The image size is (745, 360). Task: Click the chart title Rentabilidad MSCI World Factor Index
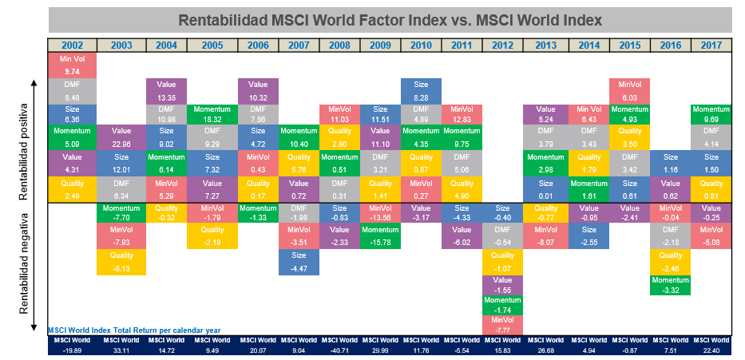[x=390, y=19]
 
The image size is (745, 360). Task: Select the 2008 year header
[x=339, y=45]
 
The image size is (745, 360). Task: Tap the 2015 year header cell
[x=630, y=45]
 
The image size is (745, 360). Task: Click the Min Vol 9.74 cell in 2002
[x=73, y=65]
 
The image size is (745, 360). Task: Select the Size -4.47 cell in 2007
[x=299, y=261]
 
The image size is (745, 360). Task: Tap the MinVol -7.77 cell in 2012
[x=503, y=324]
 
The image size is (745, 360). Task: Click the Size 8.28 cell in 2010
[x=421, y=89]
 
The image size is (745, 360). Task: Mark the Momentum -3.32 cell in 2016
[x=671, y=286]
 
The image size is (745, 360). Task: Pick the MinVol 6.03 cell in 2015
[x=630, y=89]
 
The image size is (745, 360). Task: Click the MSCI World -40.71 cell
[x=339, y=345]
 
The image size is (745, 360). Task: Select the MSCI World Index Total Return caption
[x=133, y=330]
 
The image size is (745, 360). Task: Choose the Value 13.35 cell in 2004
[x=167, y=89]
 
